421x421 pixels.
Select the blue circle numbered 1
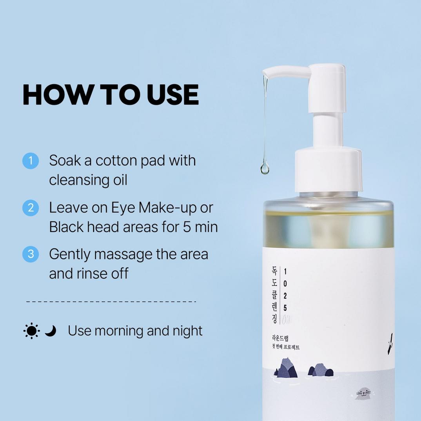pos(31,161)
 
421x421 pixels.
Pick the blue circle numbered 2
pos(31,208)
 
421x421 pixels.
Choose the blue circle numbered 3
pos(31,254)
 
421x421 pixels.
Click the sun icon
pos(31,331)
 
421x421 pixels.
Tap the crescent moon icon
pos(50,331)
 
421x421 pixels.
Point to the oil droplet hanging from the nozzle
pos(265,169)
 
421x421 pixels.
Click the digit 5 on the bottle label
pos(285,308)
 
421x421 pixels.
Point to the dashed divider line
pos(111,301)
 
